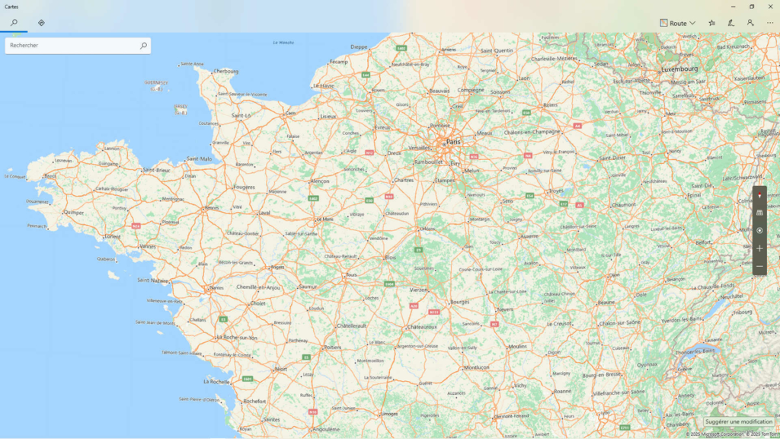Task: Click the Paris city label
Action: [x=453, y=142]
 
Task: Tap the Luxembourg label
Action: [x=679, y=69]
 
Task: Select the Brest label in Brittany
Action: [x=50, y=176]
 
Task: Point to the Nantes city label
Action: [x=217, y=287]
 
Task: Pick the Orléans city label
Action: [x=427, y=229]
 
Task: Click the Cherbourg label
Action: [x=226, y=71]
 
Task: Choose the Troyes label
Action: [x=557, y=191]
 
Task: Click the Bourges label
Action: [x=459, y=302]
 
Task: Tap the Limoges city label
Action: [x=389, y=414]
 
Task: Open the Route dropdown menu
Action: [x=677, y=23]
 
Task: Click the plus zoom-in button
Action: [x=759, y=248]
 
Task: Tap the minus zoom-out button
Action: [x=759, y=266]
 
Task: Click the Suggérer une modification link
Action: [x=738, y=421]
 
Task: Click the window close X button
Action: [x=770, y=6]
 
